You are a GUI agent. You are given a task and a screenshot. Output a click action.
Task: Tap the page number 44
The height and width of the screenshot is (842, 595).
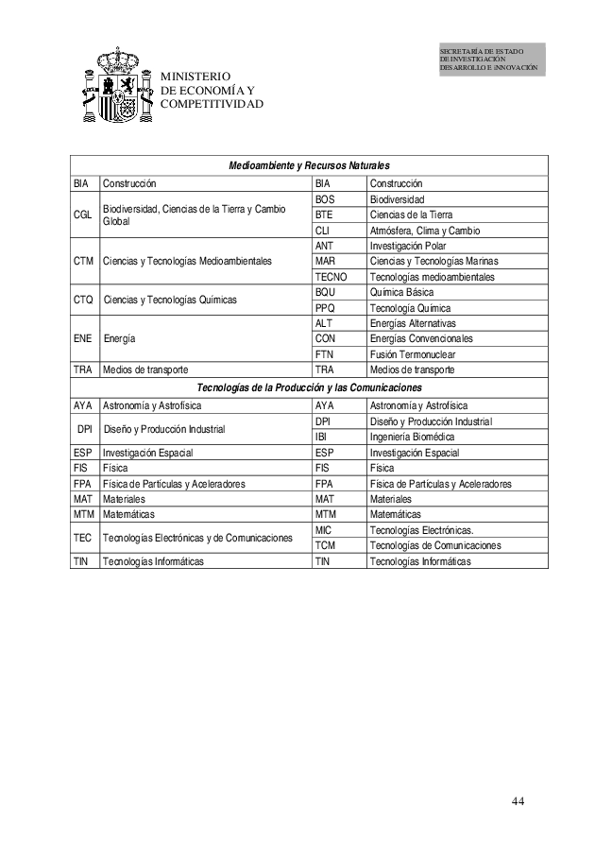(518, 801)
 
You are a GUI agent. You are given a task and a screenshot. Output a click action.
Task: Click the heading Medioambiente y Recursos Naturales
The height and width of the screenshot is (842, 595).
(310, 167)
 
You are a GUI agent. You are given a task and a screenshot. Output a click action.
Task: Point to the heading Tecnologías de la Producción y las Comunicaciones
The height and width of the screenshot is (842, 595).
(309, 387)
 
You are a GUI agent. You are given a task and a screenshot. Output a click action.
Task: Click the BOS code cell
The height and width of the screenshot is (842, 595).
(326, 199)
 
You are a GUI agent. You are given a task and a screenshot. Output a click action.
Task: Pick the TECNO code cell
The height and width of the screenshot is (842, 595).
(331, 277)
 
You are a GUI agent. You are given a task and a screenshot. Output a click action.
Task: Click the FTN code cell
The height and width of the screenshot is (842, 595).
(325, 353)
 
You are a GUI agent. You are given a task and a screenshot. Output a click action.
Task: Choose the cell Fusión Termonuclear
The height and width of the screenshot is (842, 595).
(413, 353)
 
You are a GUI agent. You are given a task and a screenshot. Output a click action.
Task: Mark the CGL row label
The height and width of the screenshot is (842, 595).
(83, 215)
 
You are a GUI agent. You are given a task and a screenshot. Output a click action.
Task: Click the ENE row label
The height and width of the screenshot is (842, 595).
(83, 338)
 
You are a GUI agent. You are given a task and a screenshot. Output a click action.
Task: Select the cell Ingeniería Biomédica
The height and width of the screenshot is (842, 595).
(413, 437)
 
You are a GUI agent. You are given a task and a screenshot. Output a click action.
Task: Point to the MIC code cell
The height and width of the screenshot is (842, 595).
(324, 530)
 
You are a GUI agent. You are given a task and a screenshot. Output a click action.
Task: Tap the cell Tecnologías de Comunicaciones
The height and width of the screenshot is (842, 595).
(435, 545)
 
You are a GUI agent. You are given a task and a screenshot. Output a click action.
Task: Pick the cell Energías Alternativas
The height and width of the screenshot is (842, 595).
(414, 323)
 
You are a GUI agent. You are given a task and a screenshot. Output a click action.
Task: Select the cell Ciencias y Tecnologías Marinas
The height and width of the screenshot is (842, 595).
(433, 261)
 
